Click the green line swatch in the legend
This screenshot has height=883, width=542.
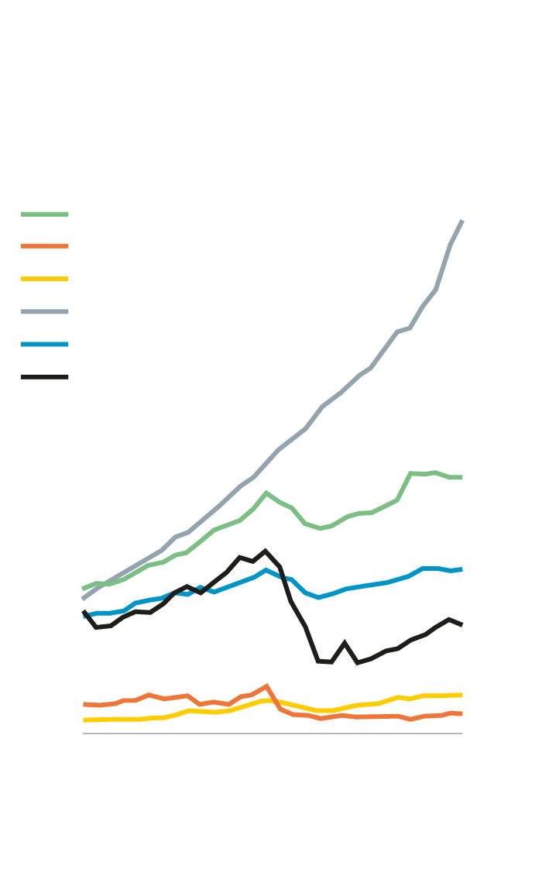[x=45, y=214]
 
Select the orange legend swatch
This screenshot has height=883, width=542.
[x=45, y=246]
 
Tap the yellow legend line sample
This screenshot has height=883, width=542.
[x=45, y=279]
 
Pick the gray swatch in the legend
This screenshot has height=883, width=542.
[x=45, y=311]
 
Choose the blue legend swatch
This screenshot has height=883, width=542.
[x=45, y=344]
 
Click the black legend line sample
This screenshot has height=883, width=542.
[x=45, y=377]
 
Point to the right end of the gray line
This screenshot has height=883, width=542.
[x=462, y=222]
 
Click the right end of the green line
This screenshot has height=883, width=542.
[x=462, y=477]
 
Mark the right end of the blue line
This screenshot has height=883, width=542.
[x=462, y=569]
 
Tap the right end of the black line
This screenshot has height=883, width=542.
[x=462, y=624]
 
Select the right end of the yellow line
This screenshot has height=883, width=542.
[x=462, y=695]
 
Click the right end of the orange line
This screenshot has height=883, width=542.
[x=462, y=713]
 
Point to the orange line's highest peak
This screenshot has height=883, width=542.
[x=266, y=685]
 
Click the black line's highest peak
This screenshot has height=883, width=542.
[x=266, y=551]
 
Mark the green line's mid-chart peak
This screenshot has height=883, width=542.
[x=266, y=492]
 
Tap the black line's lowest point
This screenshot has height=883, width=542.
[x=331, y=662]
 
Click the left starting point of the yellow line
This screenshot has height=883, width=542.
[x=84, y=720]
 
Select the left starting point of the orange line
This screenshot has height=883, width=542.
[x=84, y=704]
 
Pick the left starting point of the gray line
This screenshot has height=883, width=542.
[x=83, y=599]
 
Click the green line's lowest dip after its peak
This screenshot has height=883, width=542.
[x=320, y=528]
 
